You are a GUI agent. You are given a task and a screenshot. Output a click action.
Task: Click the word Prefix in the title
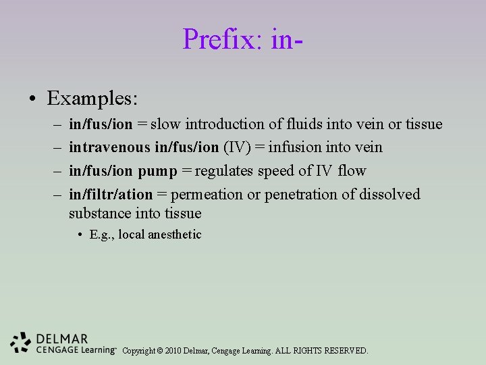point(213,39)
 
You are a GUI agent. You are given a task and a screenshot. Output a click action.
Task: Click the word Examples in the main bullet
point(92,99)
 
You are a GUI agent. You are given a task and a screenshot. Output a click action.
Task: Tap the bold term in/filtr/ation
point(111,195)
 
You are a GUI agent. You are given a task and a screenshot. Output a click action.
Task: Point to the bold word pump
point(159,171)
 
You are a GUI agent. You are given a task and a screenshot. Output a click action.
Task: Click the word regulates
point(225,171)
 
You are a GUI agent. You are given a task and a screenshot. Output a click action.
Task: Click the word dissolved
point(389,195)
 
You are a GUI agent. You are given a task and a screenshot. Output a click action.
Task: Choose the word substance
point(97,214)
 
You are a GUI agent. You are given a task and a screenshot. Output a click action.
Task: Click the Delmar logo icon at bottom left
point(21,342)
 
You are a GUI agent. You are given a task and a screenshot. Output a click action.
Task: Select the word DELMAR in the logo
point(62,339)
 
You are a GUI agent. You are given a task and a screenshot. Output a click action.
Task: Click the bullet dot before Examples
point(32,99)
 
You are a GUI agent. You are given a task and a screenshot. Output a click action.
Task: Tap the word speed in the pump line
point(293,171)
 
